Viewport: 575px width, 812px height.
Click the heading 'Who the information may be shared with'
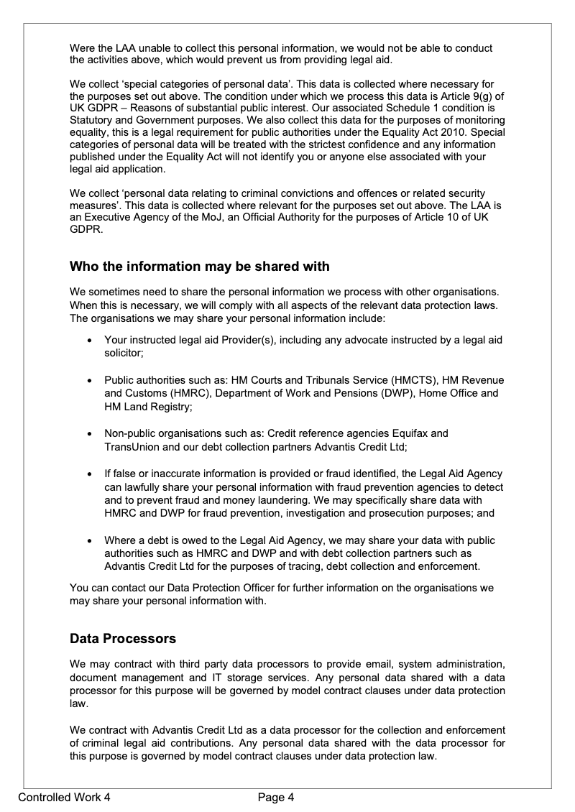pyautogui.click(x=199, y=267)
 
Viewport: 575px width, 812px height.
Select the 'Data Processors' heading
pyautogui.click(x=122, y=638)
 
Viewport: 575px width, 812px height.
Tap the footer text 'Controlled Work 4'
pyautogui.click(x=64, y=797)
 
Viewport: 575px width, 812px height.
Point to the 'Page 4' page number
pyautogui.click(x=277, y=797)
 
